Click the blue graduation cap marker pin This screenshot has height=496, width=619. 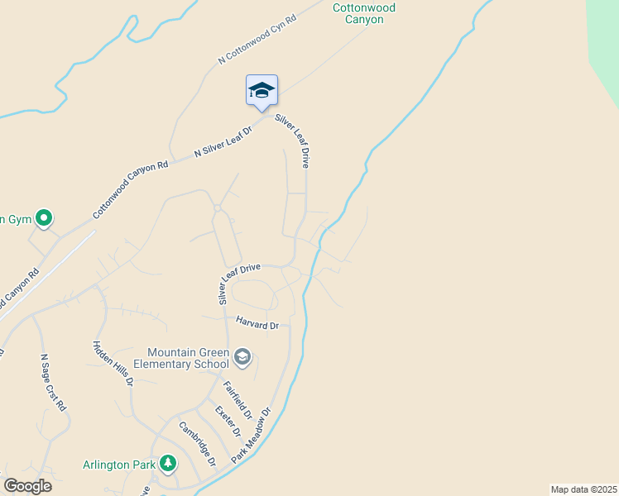point(262,90)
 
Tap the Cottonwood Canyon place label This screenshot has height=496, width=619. point(364,13)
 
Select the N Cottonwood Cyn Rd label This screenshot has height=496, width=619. point(257,39)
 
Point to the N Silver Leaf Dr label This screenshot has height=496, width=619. point(221,141)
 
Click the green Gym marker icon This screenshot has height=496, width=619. point(45,218)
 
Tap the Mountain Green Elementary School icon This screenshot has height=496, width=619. point(242,357)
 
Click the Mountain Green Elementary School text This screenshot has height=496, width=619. point(188,358)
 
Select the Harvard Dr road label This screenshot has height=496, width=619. point(257,325)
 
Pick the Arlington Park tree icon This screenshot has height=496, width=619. point(168,463)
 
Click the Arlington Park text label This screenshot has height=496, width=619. point(119,465)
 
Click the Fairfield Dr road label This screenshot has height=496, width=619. point(238,398)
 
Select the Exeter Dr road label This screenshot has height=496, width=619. point(228,421)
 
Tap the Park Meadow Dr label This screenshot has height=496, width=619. point(252,435)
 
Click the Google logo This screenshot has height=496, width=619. point(27,486)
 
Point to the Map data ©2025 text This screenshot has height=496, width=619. point(584,489)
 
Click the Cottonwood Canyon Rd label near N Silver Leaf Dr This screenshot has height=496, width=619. point(131,189)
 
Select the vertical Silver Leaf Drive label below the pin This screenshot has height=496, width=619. point(292,142)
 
